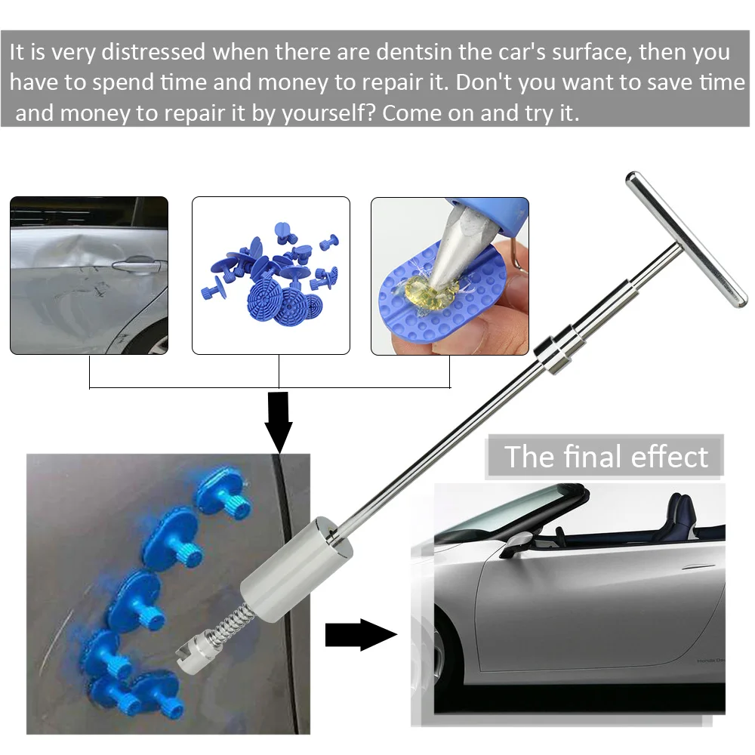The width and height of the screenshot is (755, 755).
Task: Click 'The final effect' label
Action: (606, 457)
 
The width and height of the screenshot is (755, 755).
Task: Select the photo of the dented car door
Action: (89, 276)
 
